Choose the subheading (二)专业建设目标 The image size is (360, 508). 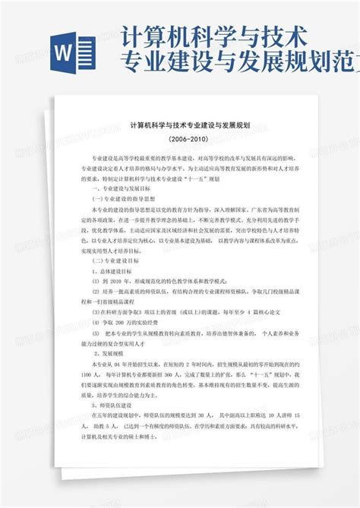[115, 260]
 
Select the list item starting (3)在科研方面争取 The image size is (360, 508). [175, 311]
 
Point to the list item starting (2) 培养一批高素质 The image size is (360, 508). [182, 291]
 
